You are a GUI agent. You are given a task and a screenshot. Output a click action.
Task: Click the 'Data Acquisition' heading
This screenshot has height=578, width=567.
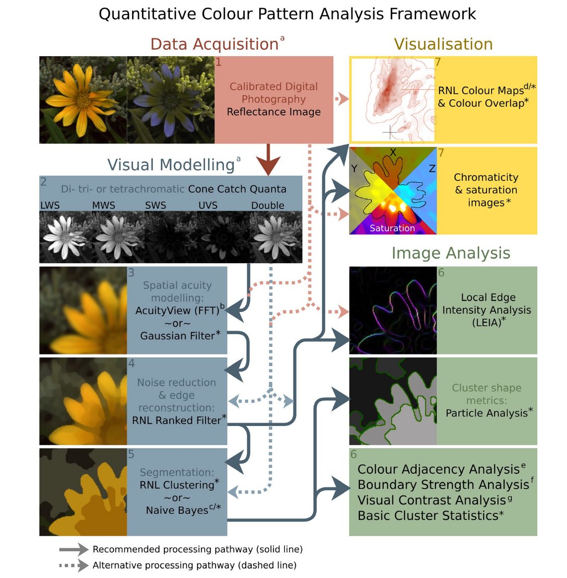click(214, 44)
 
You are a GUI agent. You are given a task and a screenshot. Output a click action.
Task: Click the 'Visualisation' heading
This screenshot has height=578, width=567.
click(443, 44)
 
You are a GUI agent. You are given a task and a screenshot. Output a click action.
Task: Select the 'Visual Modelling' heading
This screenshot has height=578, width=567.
click(171, 165)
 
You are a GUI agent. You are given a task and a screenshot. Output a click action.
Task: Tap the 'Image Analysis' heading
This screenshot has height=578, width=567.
click(450, 253)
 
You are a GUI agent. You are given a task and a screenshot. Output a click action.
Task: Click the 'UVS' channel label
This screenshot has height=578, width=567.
click(208, 206)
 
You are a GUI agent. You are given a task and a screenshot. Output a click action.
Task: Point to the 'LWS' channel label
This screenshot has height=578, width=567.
click(50, 206)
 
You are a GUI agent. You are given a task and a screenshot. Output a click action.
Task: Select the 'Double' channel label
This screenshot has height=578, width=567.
click(268, 206)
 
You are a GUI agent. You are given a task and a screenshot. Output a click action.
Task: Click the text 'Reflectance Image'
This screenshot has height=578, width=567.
click(274, 112)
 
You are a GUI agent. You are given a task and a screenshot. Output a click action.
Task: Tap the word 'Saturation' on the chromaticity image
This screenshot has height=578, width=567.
click(392, 228)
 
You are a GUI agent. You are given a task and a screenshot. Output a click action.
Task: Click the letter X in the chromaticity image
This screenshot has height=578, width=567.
click(393, 152)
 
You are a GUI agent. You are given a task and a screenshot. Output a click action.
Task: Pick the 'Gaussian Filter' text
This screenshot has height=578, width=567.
click(177, 336)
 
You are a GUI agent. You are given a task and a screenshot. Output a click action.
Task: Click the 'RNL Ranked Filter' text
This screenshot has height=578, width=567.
click(176, 421)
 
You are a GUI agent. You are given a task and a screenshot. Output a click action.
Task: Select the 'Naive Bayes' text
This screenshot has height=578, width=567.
click(177, 510)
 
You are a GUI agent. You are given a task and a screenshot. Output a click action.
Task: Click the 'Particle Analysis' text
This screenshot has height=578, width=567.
click(487, 413)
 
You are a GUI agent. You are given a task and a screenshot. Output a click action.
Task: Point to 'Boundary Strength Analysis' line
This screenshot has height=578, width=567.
click(443, 485)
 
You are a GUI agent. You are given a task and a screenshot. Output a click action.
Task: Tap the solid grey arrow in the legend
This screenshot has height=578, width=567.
click(73, 550)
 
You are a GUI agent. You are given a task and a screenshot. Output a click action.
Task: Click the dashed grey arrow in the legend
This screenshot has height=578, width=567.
click(73, 566)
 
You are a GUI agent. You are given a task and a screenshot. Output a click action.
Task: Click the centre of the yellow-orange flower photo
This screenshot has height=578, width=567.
click(82, 99)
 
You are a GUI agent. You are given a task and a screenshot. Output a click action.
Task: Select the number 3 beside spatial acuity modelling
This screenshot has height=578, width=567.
click(131, 273)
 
